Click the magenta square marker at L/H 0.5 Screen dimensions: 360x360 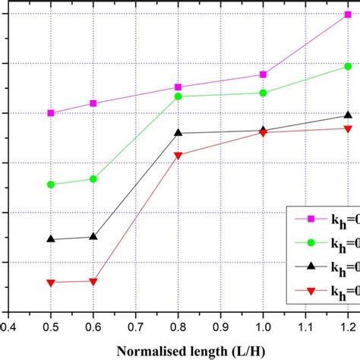coord(51,113)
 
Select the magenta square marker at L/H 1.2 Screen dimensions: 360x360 coord(348,14)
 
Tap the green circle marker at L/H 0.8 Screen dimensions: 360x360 coord(178,96)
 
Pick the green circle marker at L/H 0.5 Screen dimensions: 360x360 coord(51,185)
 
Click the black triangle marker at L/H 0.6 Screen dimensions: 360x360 coord(93,236)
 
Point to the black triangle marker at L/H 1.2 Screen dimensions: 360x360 coord(348,115)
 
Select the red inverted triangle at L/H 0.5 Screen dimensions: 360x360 coord(51,283)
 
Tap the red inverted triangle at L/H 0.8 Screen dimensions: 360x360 coord(178,156)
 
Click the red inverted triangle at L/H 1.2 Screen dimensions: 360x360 coord(348,128)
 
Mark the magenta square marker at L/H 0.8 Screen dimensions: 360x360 coord(178,87)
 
